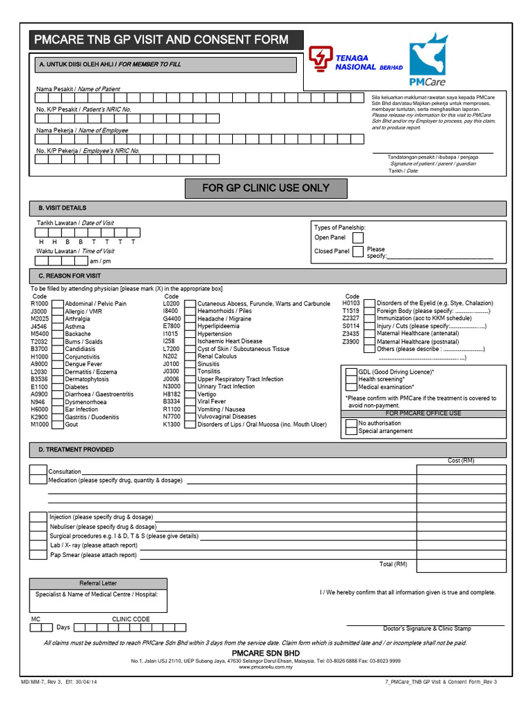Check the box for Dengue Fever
click(57, 364)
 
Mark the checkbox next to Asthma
click(57, 326)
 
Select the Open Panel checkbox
click(357, 238)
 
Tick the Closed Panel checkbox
click(357, 252)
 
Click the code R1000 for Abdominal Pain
click(39, 303)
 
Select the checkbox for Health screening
click(351, 379)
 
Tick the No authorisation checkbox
click(351, 423)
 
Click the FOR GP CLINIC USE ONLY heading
click(266, 188)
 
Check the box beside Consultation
click(39, 470)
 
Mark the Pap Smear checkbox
click(39, 554)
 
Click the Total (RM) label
click(393, 564)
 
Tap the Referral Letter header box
click(98, 583)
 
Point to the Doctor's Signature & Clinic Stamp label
click(427, 629)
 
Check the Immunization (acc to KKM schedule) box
click(370, 319)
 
